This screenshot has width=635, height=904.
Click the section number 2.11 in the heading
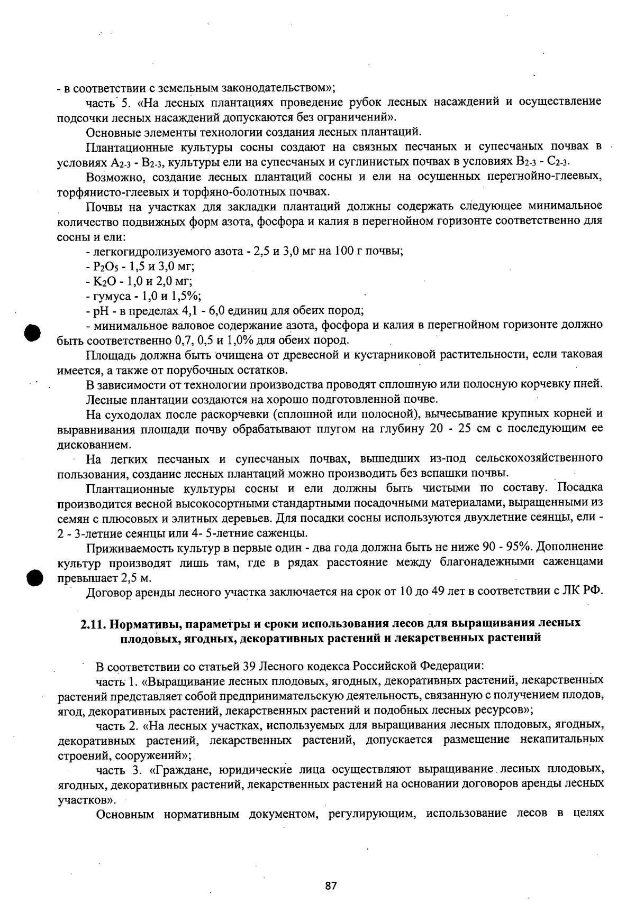[94, 623]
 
